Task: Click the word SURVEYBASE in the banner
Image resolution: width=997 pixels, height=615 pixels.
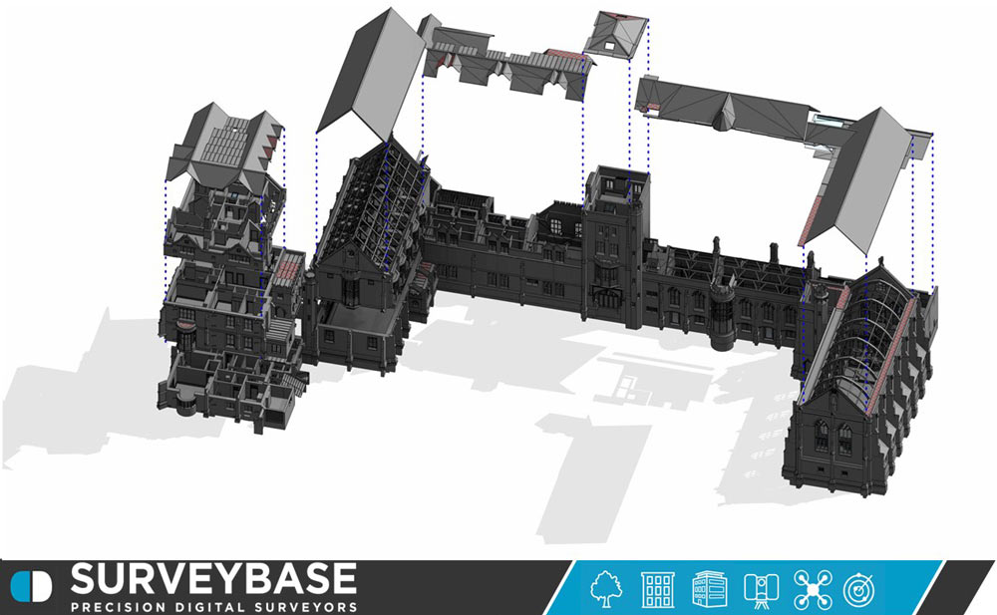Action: tap(213, 578)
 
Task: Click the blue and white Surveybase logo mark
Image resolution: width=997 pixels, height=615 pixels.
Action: tap(31, 586)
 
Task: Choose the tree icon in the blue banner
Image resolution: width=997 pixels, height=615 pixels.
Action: tap(606, 589)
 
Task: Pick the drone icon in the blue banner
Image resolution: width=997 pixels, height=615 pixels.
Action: tap(813, 589)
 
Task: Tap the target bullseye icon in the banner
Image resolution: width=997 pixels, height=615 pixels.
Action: tap(859, 589)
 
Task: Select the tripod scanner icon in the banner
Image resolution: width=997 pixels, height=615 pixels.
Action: tap(761, 589)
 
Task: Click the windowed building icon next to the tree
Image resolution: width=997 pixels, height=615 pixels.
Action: tap(657, 589)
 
